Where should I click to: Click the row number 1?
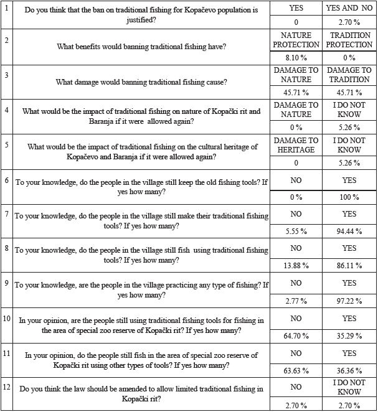pos(6,7)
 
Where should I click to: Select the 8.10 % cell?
pos(296,57)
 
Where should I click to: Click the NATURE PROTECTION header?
pos(296,40)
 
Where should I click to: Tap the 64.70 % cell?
pos(296,342)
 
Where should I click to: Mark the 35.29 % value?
pos(349,342)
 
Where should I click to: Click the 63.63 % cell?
pos(296,377)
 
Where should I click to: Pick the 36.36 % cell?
pos(349,377)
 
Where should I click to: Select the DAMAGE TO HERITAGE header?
pos(296,144)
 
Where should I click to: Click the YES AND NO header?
pos(349,8)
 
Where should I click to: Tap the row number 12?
pos(6,388)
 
